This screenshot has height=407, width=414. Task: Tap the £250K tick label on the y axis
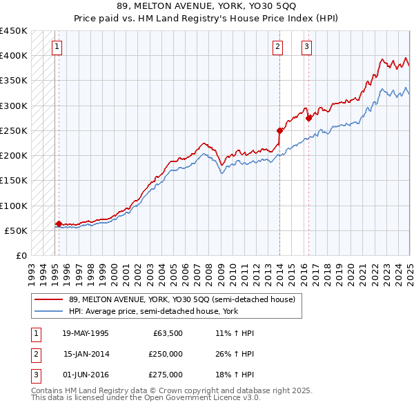tap(13, 130)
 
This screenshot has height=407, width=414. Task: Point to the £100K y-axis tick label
tap(13, 206)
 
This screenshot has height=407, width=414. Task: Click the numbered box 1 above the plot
tap(55, 48)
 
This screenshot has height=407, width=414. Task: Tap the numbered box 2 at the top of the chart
tap(277, 48)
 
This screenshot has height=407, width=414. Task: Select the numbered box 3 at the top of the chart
tap(306, 48)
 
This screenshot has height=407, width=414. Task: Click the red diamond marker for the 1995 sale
tap(59, 224)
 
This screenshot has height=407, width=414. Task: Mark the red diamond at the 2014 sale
tap(279, 130)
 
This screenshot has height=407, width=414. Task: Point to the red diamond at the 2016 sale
tap(308, 118)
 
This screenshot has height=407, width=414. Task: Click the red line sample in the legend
tap(49, 299)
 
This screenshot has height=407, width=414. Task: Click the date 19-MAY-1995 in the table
tap(85, 333)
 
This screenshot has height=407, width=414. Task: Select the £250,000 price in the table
tap(165, 354)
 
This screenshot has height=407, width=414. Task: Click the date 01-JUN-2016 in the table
tap(85, 375)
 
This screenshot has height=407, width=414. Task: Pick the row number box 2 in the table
tap(35, 354)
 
